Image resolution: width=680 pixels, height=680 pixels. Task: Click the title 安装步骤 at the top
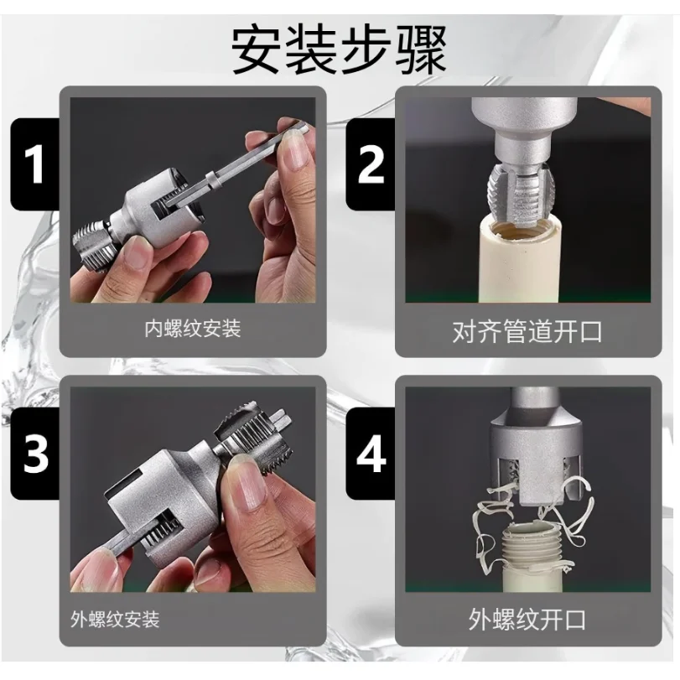339,50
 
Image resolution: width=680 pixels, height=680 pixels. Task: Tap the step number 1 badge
34,164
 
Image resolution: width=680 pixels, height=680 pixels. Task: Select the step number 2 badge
371,164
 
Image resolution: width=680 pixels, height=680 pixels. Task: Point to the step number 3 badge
34,454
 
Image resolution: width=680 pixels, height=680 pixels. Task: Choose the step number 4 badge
371,454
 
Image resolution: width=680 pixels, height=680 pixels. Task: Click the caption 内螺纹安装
193,329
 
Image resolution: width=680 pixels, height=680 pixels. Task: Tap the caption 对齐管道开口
527,332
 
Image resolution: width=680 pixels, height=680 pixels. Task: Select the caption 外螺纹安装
115,619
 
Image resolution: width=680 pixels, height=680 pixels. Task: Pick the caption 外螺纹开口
527,619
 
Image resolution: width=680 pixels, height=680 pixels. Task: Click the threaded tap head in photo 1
95,244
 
